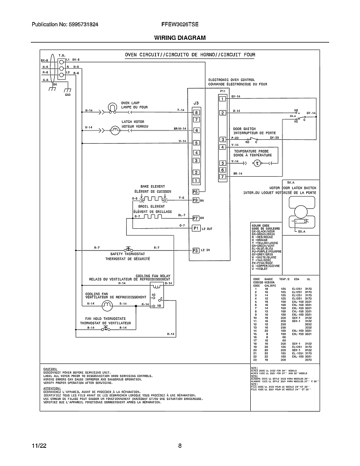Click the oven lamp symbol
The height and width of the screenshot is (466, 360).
(x=112, y=108)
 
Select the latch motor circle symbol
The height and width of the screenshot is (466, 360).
(x=115, y=130)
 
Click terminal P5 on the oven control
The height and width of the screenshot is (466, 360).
(x=196, y=191)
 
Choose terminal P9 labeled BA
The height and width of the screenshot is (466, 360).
(x=196, y=200)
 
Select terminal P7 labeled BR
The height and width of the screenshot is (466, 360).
(x=196, y=218)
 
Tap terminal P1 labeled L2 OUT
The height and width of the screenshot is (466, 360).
(x=196, y=228)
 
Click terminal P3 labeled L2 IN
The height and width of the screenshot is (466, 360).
(x=196, y=250)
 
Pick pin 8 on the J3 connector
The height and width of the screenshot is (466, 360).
(x=196, y=112)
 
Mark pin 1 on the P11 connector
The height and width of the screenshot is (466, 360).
(x=222, y=99)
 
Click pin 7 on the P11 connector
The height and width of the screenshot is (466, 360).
(x=222, y=176)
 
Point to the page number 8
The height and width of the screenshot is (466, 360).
(x=180, y=446)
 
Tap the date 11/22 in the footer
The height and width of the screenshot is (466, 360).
(x=39, y=446)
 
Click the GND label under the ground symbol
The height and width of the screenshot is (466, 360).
(x=68, y=95)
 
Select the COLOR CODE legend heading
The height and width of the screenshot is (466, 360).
(x=260, y=225)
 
